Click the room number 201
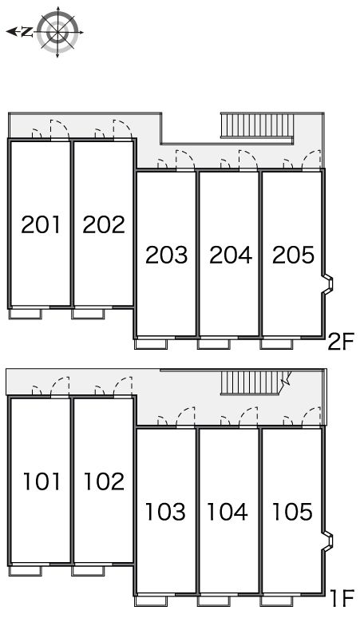point(41,224)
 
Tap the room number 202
point(104,224)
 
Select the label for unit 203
point(167,255)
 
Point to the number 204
point(231,255)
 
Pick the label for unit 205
point(294,255)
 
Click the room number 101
point(42,481)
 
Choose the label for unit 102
point(104,481)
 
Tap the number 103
point(165,511)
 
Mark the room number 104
point(227,511)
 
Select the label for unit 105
point(292,511)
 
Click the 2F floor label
point(341,341)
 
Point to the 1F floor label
point(342,598)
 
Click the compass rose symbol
point(57,32)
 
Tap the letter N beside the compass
point(27,32)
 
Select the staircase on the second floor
point(257,125)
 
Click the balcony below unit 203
point(151,343)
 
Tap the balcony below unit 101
point(26,570)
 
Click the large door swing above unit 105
point(311,417)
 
